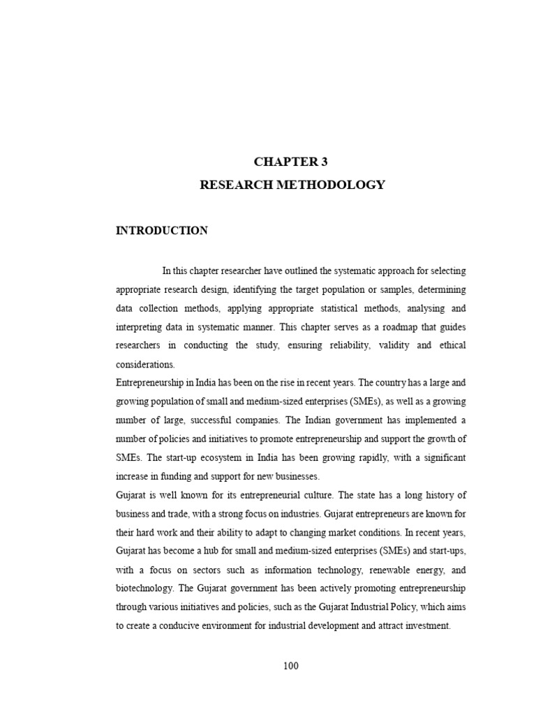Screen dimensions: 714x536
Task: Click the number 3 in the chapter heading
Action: pyautogui.click(x=324, y=162)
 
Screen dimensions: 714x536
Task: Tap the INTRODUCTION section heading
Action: pyautogui.click(x=161, y=231)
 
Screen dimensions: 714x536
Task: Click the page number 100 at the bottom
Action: pyautogui.click(x=291, y=666)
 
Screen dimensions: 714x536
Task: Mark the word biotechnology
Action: pyautogui.click(x=144, y=588)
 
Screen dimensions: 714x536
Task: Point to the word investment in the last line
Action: pyautogui.click(x=426, y=626)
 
